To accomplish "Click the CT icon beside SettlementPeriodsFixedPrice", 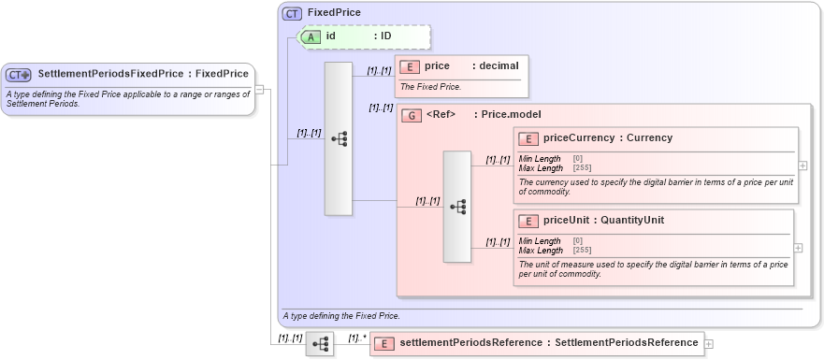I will (x=19, y=74).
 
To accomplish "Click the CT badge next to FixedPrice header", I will (x=292, y=13).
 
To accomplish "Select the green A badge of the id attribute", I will (x=311, y=36).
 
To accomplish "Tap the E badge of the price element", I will (x=409, y=66).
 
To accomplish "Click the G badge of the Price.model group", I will (x=410, y=115).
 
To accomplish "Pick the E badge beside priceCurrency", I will (x=528, y=138).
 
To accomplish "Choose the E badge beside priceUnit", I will (x=528, y=221).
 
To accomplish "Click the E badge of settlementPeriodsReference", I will (x=383, y=343).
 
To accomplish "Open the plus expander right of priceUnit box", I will (x=798, y=248).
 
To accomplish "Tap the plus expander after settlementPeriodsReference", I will (x=709, y=344).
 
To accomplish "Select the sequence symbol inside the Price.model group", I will (x=457, y=207).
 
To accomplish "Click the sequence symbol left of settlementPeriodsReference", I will (x=320, y=344).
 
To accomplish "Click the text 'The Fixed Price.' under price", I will (x=429, y=87).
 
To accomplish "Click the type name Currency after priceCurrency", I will (x=649, y=138).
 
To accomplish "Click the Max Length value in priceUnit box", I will (x=581, y=251).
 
